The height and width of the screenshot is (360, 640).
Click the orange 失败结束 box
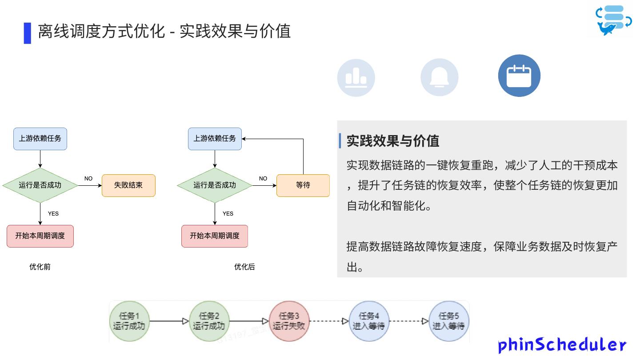pos(128,185)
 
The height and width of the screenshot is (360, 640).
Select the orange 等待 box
pos(303,185)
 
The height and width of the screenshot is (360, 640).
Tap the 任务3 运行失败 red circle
pos(289,321)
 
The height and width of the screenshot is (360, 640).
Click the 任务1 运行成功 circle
pos(129,321)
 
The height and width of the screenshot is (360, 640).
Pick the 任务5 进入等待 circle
pos(449,321)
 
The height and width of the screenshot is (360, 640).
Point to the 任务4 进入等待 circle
pos(369,321)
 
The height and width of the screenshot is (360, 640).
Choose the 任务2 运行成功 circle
pos(209,321)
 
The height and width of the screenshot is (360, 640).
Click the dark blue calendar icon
pos(519,76)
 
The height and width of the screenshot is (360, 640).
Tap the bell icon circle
pos(439,77)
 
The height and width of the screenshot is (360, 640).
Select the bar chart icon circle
pos(356,77)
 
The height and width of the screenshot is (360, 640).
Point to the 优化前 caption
pos(40,267)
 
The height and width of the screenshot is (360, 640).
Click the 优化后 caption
pos(244,267)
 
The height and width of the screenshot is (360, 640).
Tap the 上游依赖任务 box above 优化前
pos(40,139)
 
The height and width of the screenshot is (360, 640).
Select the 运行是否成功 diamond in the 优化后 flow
pos(215,185)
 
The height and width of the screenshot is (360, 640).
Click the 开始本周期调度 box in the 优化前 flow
pos(40,236)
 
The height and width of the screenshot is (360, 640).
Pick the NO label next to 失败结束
pos(88,179)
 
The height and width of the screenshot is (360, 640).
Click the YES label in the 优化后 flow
pos(228,214)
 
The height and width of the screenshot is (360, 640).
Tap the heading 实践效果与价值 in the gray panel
pos(393,141)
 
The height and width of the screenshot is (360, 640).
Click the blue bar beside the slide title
pos(28,33)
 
